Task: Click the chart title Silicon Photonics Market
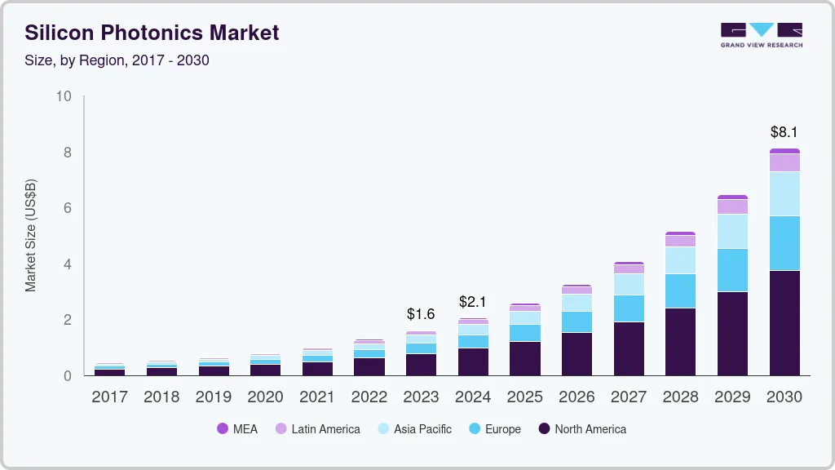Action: click(152, 33)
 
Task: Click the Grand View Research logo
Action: click(761, 35)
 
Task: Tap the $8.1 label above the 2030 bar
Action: click(784, 132)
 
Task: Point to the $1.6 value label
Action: click(421, 314)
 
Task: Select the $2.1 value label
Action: click(473, 302)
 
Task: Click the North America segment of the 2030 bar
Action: click(784, 322)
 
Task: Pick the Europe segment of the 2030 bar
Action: click(784, 243)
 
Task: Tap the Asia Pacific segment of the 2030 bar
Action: click(784, 193)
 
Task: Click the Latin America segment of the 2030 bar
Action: click(784, 162)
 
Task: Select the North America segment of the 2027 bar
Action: click(629, 348)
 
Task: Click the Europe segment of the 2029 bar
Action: click(732, 270)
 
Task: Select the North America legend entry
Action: click(582, 428)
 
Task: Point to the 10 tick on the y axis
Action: click(64, 96)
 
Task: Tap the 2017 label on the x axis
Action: click(109, 397)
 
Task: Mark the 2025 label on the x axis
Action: click(525, 397)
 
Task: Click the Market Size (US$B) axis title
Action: click(31, 236)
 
